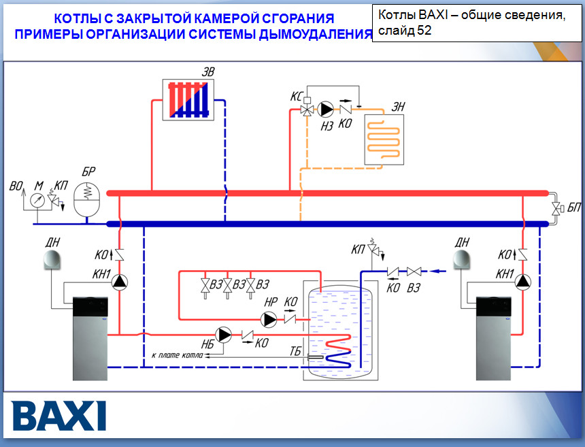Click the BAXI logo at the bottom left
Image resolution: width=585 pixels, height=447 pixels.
pos(59,415)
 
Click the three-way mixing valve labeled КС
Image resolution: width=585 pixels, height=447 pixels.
pos(308,109)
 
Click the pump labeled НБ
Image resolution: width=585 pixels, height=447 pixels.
pos(223,334)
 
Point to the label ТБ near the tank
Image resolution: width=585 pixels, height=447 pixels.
pos(295,350)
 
